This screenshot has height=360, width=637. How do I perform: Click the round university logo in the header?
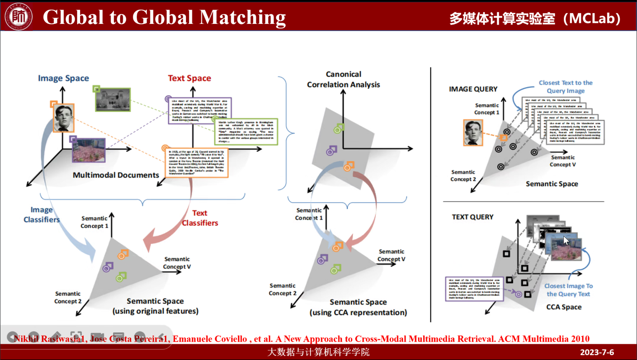(18, 16)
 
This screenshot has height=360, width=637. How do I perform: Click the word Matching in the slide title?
(242, 18)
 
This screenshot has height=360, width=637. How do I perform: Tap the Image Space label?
(63, 78)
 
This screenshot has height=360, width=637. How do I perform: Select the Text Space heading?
(189, 78)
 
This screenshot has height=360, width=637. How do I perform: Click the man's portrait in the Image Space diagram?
(64, 118)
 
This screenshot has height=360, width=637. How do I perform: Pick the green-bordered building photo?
(113, 99)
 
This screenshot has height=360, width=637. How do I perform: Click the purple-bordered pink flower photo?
(89, 150)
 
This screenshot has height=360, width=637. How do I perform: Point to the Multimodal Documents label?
(116, 175)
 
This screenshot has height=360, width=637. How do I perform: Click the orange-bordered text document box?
(197, 162)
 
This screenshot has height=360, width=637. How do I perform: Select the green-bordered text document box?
(246, 132)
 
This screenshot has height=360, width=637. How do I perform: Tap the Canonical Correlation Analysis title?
(343, 79)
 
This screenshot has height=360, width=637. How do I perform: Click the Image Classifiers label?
(42, 214)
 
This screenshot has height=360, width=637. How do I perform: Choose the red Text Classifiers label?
(200, 218)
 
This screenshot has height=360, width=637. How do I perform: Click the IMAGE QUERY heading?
(473, 89)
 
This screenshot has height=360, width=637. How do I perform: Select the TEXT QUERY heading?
(472, 217)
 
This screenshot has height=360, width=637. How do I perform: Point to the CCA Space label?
(564, 307)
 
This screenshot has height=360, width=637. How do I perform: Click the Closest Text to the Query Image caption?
(566, 87)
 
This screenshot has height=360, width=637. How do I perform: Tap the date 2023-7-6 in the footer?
(597, 352)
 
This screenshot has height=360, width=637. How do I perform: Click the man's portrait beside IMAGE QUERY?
(473, 133)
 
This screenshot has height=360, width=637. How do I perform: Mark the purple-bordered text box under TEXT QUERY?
(474, 289)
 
